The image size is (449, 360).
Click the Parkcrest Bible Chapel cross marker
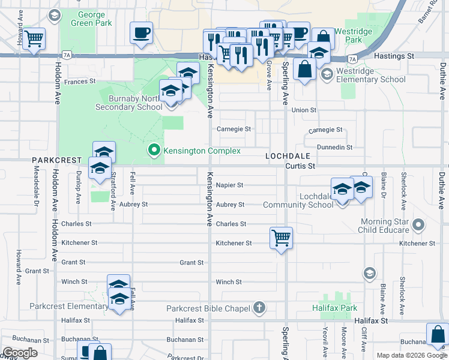tap(259, 308)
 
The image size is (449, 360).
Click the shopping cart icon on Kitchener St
tap(281, 238)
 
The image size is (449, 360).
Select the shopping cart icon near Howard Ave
tap(34, 39)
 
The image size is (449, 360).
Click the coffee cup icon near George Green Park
tap(141, 33)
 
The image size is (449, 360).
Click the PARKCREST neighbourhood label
tap(56, 161)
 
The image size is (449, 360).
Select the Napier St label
tap(229, 185)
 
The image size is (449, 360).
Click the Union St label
tap(304, 110)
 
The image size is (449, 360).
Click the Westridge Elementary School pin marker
tap(327, 75)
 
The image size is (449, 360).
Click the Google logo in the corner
tap(20, 353)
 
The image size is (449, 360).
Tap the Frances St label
tap(80, 81)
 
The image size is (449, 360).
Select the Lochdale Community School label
tap(298, 200)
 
